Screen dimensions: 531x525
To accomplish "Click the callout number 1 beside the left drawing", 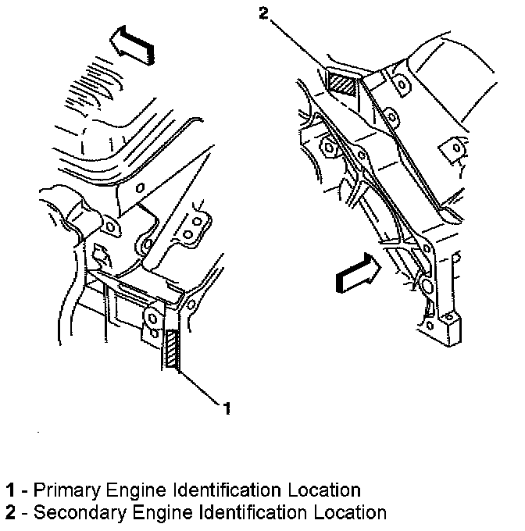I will (227, 408).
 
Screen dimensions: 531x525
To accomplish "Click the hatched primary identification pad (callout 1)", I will (173, 348).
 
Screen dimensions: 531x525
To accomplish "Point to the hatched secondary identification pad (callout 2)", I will (341, 82).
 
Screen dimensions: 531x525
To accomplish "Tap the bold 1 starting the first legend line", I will (10, 490).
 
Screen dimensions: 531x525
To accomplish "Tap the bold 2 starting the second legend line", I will (10, 513).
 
